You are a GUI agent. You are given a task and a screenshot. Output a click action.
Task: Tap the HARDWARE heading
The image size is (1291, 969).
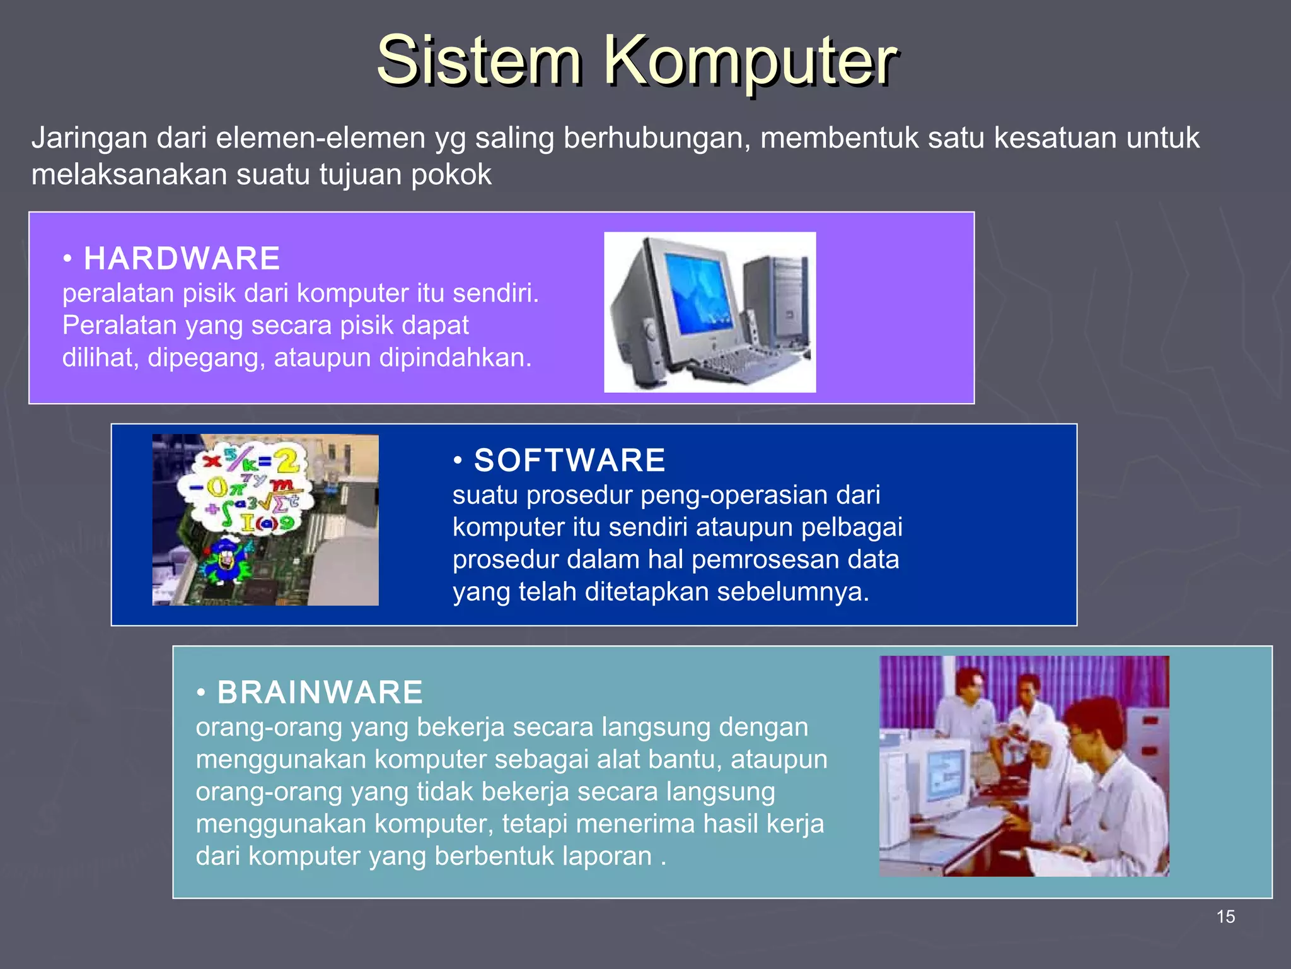click(x=182, y=259)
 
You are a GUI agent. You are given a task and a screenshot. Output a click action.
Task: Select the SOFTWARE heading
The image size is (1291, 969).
click(x=569, y=460)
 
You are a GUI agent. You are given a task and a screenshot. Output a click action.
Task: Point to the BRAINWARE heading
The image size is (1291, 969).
click(x=320, y=692)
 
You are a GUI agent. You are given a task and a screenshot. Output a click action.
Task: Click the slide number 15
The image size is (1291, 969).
click(x=1225, y=917)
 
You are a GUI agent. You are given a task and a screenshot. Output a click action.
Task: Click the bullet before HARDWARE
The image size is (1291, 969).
click(x=67, y=259)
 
